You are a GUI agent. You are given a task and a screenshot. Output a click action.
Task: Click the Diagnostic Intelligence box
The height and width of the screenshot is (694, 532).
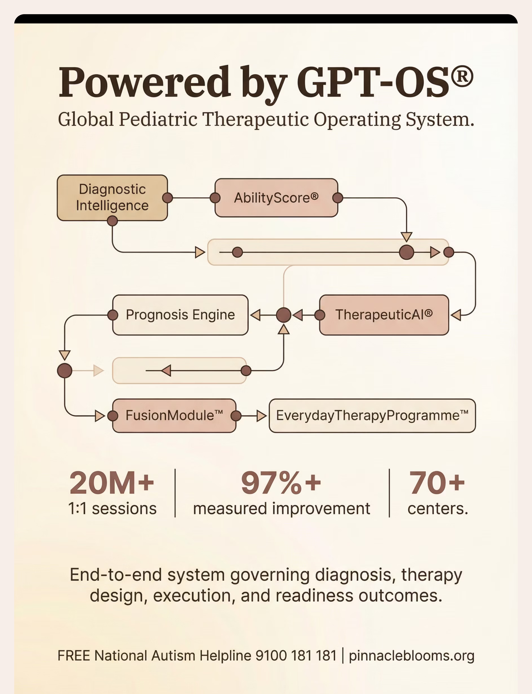pyautogui.click(x=112, y=197)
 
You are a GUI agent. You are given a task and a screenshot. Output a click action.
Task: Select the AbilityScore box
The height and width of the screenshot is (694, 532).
pyautogui.click(x=276, y=198)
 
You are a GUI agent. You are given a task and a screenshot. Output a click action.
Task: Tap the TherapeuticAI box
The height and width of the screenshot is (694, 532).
pyautogui.click(x=384, y=315)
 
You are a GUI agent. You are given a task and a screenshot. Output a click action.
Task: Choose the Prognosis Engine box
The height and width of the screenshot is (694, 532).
pyautogui.click(x=180, y=315)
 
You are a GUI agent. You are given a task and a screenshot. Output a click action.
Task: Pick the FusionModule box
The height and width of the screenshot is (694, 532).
pyautogui.click(x=174, y=416)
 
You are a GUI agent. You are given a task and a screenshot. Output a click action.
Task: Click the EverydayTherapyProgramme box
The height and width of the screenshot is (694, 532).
pyautogui.click(x=372, y=416)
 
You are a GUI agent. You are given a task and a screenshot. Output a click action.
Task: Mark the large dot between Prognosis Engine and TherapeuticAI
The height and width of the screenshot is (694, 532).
pyautogui.click(x=283, y=315)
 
